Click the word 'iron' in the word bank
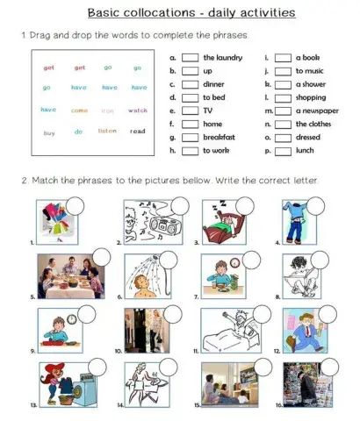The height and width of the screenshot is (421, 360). [108, 111]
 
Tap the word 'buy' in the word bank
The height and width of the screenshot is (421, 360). [49, 132]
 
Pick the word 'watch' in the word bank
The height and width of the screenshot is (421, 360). [138, 111]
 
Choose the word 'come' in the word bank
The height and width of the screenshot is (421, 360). [79, 111]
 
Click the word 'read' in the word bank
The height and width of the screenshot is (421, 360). [138, 132]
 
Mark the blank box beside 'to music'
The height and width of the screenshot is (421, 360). [283, 70]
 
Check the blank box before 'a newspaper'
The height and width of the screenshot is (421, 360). [283, 111]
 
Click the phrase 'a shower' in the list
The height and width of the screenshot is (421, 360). [311, 83]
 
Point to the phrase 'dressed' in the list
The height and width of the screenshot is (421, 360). [308, 138]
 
